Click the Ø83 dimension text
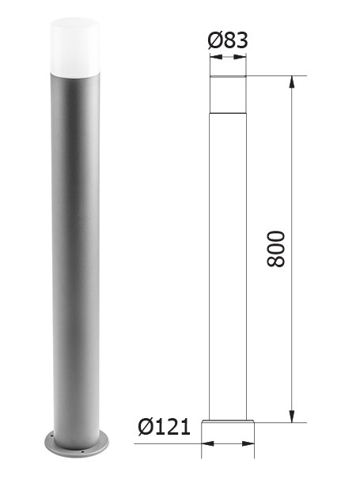point(228,40)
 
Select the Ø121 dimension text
point(164,428)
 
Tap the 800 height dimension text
point(275,248)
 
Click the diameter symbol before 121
point(146,428)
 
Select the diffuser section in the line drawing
point(228,96)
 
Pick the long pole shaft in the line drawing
point(228,261)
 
